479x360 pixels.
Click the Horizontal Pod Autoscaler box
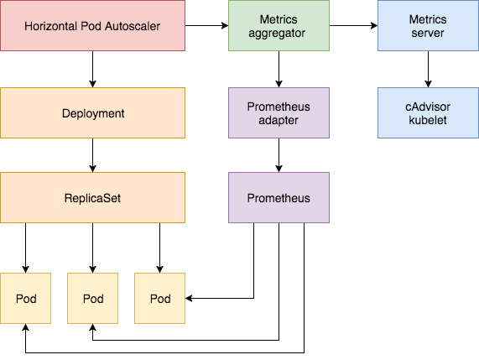92,27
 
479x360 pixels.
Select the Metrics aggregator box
278,27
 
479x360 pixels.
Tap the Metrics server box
428,27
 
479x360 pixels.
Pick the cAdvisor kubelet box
428,112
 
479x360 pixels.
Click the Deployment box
92,112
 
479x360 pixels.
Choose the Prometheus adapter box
278,112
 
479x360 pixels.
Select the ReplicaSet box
92,198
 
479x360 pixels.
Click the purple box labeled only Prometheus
278,198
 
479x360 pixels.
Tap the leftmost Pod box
25,299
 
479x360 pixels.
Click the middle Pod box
92,299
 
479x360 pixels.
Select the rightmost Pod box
159,299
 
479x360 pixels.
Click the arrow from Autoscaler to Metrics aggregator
206,27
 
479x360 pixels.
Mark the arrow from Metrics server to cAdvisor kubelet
428,70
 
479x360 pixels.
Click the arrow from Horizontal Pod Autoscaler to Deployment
92,70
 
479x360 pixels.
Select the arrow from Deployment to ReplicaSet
92,155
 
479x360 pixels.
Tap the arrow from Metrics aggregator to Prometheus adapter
278,70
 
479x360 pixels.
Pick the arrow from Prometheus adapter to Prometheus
278,155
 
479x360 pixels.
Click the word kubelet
428,120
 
